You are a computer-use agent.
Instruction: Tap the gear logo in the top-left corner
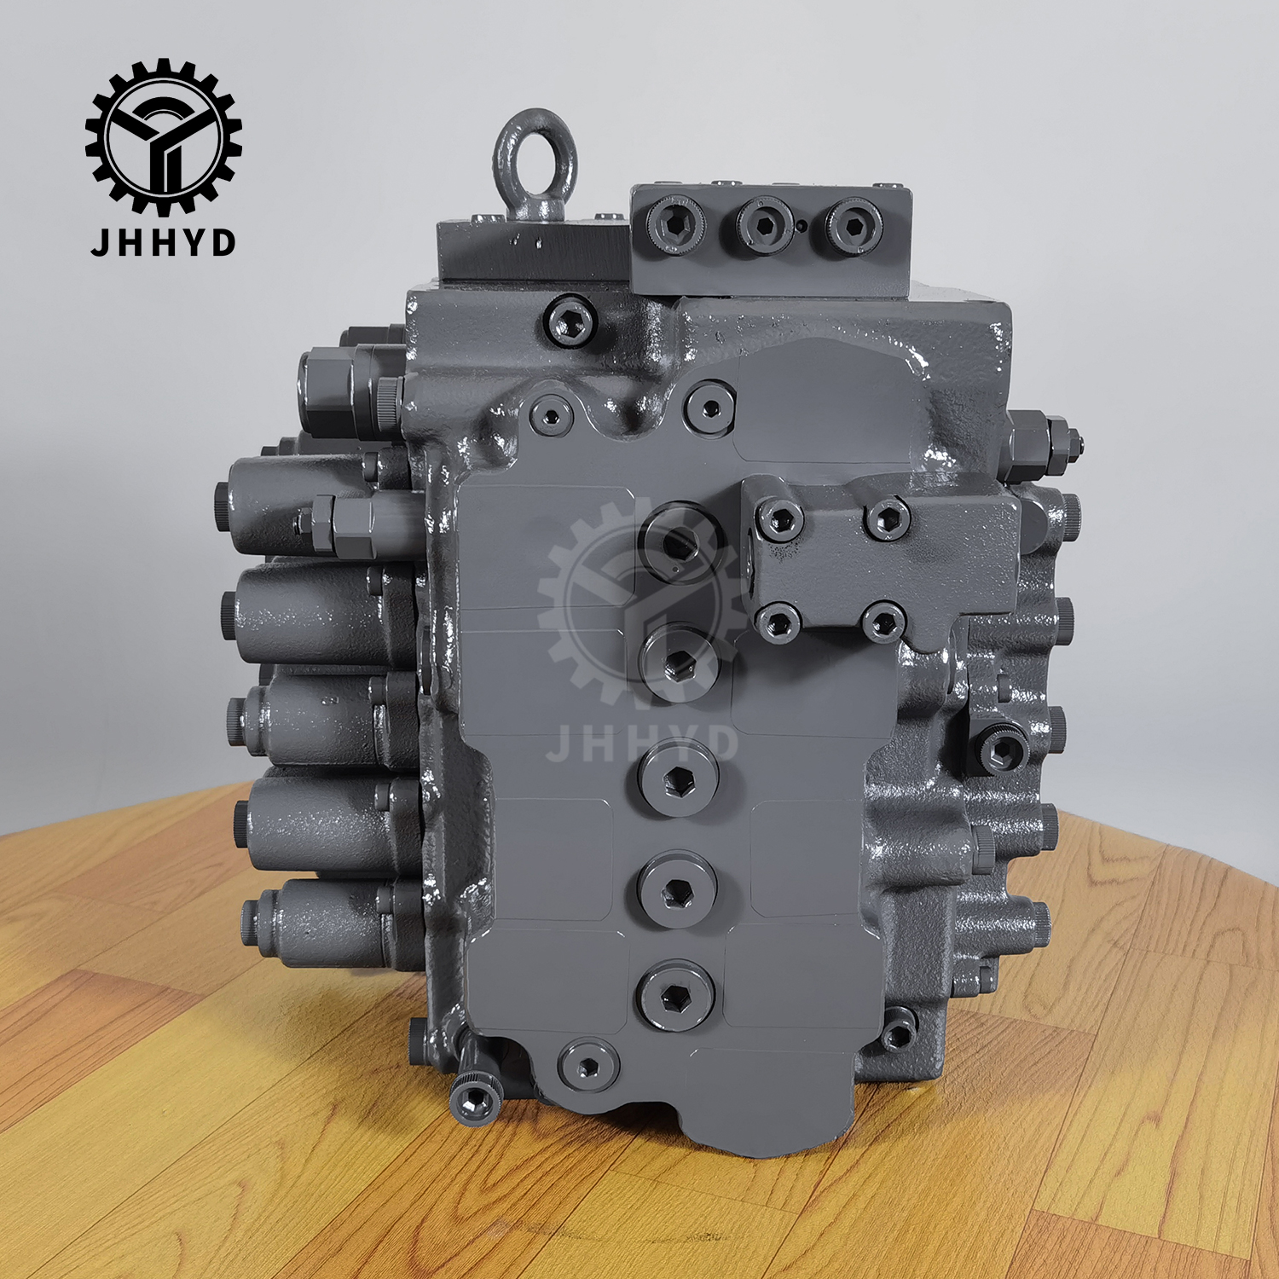coord(163,136)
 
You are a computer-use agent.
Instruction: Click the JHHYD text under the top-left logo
coord(163,243)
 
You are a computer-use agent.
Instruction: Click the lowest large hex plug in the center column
coord(674,995)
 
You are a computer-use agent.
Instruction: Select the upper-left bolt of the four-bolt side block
coord(780,518)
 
